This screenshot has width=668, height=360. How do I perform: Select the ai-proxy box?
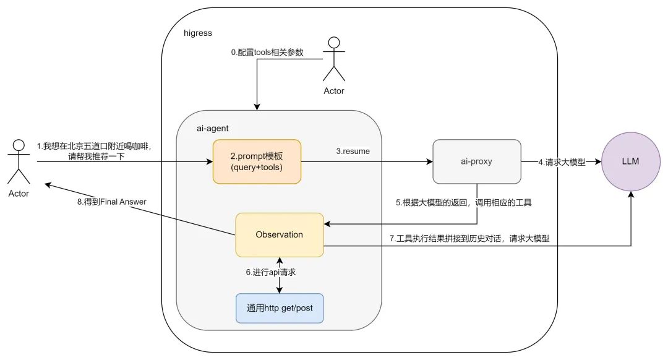coord(476,162)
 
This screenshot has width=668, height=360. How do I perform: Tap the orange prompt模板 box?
coord(257,162)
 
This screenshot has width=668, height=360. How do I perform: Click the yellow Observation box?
coord(280,235)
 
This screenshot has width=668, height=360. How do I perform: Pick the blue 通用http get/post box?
coord(280,309)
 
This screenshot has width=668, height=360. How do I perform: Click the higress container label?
coord(199,32)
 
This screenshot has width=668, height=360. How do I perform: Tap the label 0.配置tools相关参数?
coord(267,53)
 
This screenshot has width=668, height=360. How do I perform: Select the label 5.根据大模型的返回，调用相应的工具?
coord(473,202)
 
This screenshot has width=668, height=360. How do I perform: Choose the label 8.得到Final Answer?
coord(118,201)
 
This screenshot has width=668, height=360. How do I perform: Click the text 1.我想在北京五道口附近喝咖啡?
coord(94,147)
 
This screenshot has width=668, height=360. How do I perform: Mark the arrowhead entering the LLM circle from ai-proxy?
coord(598,162)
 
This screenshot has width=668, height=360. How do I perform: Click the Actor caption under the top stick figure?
coord(334,91)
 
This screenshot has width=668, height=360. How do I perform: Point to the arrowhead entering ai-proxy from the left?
coord(429,162)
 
